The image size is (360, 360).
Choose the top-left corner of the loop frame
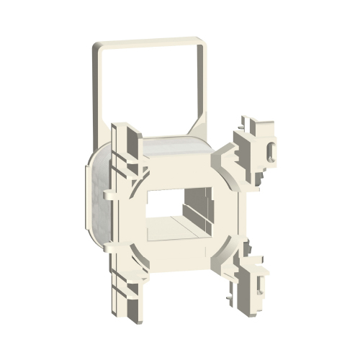click(95, 47)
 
